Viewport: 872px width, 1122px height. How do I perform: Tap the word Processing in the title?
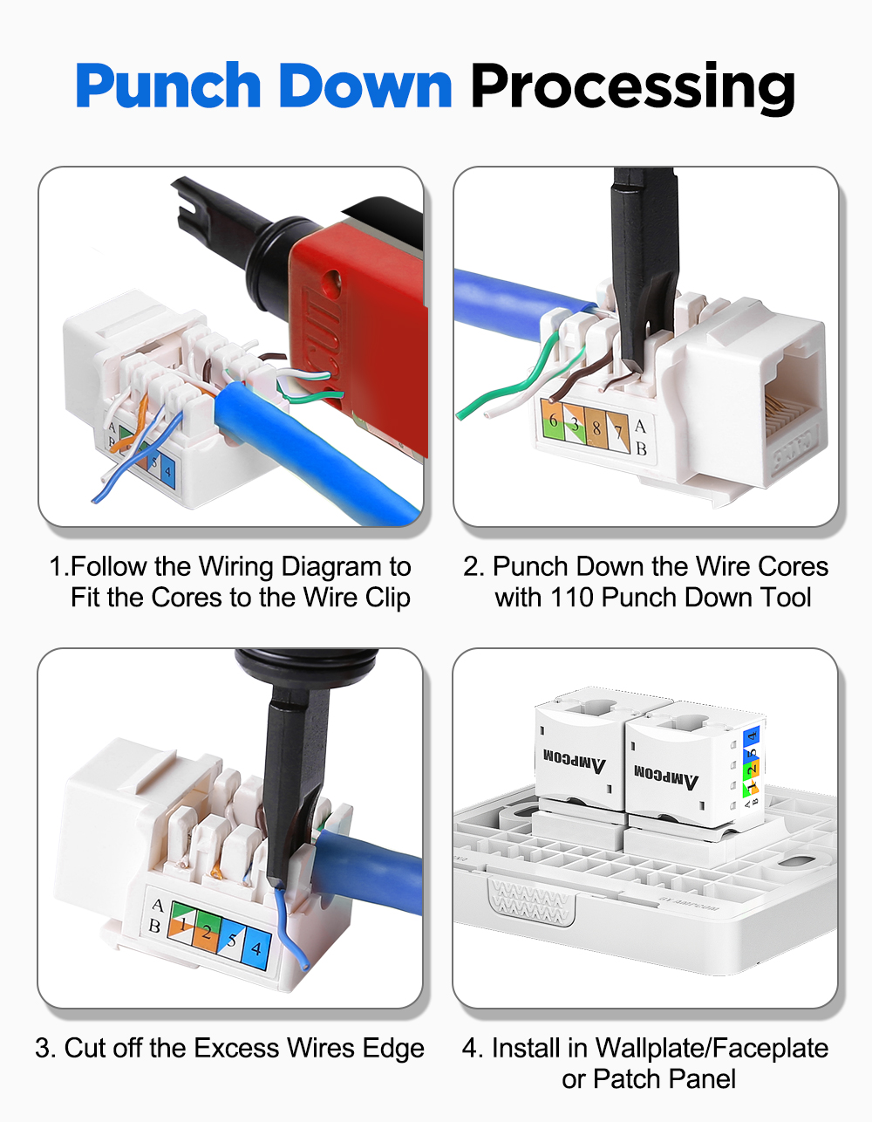pyautogui.click(x=632, y=87)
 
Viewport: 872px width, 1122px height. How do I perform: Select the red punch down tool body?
pyautogui.click(x=366, y=323)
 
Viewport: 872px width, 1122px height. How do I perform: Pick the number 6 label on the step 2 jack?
pyautogui.click(x=553, y=421)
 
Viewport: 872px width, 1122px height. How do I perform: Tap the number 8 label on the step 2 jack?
pyautogui.click(x=596, y=428)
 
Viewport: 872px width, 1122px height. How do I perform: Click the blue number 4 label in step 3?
pyautogui.click(x=256, y=947)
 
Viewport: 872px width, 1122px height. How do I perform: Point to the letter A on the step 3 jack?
pyautogui.click(x=157, y=906)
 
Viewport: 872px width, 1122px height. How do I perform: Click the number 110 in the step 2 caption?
pyautogui.click(x=571, y=598)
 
